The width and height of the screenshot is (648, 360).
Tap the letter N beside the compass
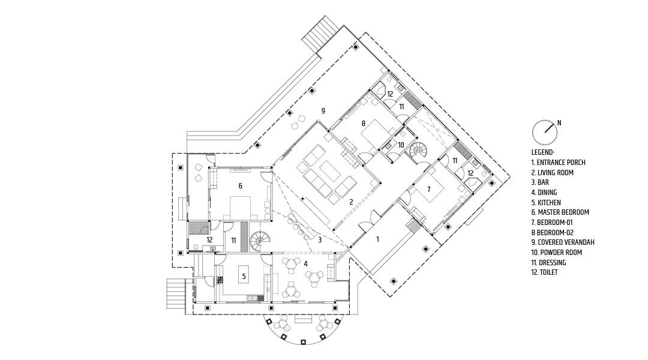point(559,123)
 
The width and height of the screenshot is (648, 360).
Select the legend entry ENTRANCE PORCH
point(559,163)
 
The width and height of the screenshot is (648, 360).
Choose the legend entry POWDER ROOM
point(556,253)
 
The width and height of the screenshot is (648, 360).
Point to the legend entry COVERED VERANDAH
point(563,242)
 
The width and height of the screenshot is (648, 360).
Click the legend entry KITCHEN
point(546,203)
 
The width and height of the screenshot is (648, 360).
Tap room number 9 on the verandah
point(323,111)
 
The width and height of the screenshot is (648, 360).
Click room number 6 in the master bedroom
point(240,186)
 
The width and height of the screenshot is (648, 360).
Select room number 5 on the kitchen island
point(244,277)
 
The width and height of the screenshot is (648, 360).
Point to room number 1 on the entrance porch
point(377,239)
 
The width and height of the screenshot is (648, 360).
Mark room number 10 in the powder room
point(401,145)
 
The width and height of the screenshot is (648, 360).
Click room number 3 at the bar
point(319,239)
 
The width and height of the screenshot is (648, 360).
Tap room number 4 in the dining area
point(305,263)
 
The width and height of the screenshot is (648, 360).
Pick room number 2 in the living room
point(351,202)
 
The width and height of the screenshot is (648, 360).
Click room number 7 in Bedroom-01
point(428,189)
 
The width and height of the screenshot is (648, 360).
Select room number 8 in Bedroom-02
point(363,123)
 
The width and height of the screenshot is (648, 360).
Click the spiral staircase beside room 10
point(418,153)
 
